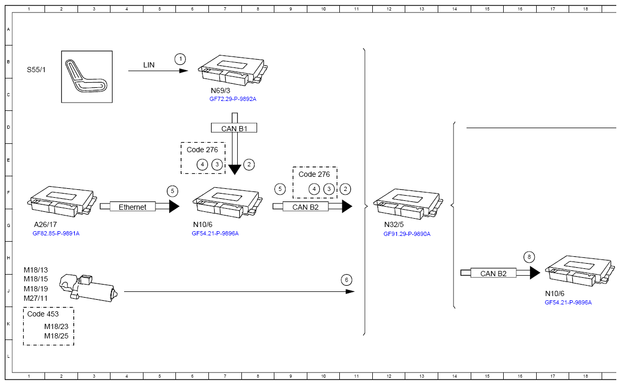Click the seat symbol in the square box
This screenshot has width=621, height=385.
point(86,77)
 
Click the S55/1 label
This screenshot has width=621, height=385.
point(36,70)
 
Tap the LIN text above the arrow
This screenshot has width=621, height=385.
point(149,65)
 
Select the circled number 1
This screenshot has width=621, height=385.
point(180,59)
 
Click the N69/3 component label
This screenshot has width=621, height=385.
point(220,90)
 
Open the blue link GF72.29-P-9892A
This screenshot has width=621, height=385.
point(233,99)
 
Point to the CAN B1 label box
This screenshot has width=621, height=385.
point(234,128)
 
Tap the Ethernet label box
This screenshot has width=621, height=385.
point(132,207)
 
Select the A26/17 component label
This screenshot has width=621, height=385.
point(45,224)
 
